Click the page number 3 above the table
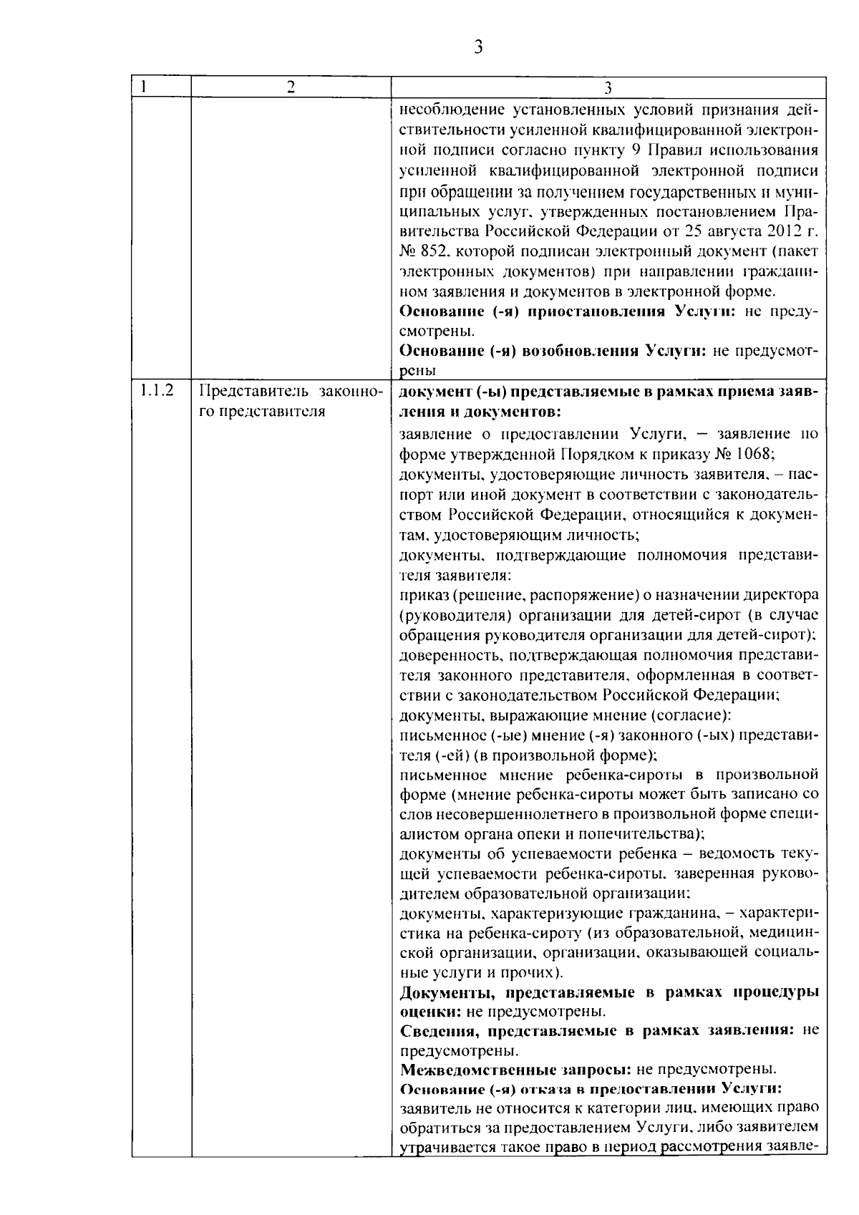click(477, 47)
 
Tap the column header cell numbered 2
click(290, 87)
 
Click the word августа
click(727, 231)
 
